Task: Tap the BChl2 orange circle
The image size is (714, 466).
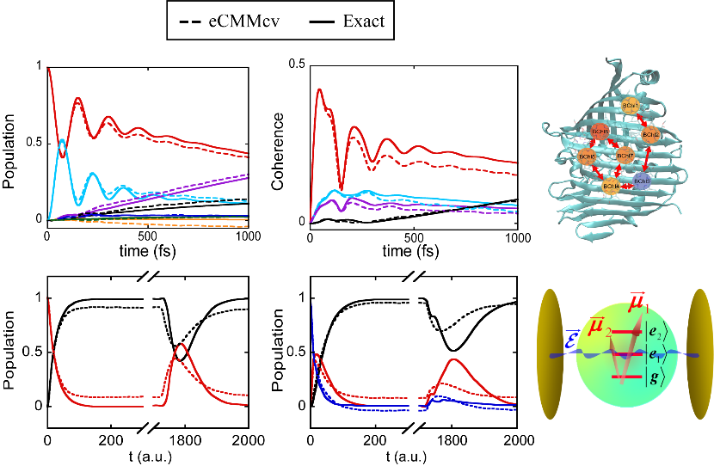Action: tap(651, 135)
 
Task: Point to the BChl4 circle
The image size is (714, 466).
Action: tap(612, 186)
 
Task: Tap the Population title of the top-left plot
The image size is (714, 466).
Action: tap(15, 142)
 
